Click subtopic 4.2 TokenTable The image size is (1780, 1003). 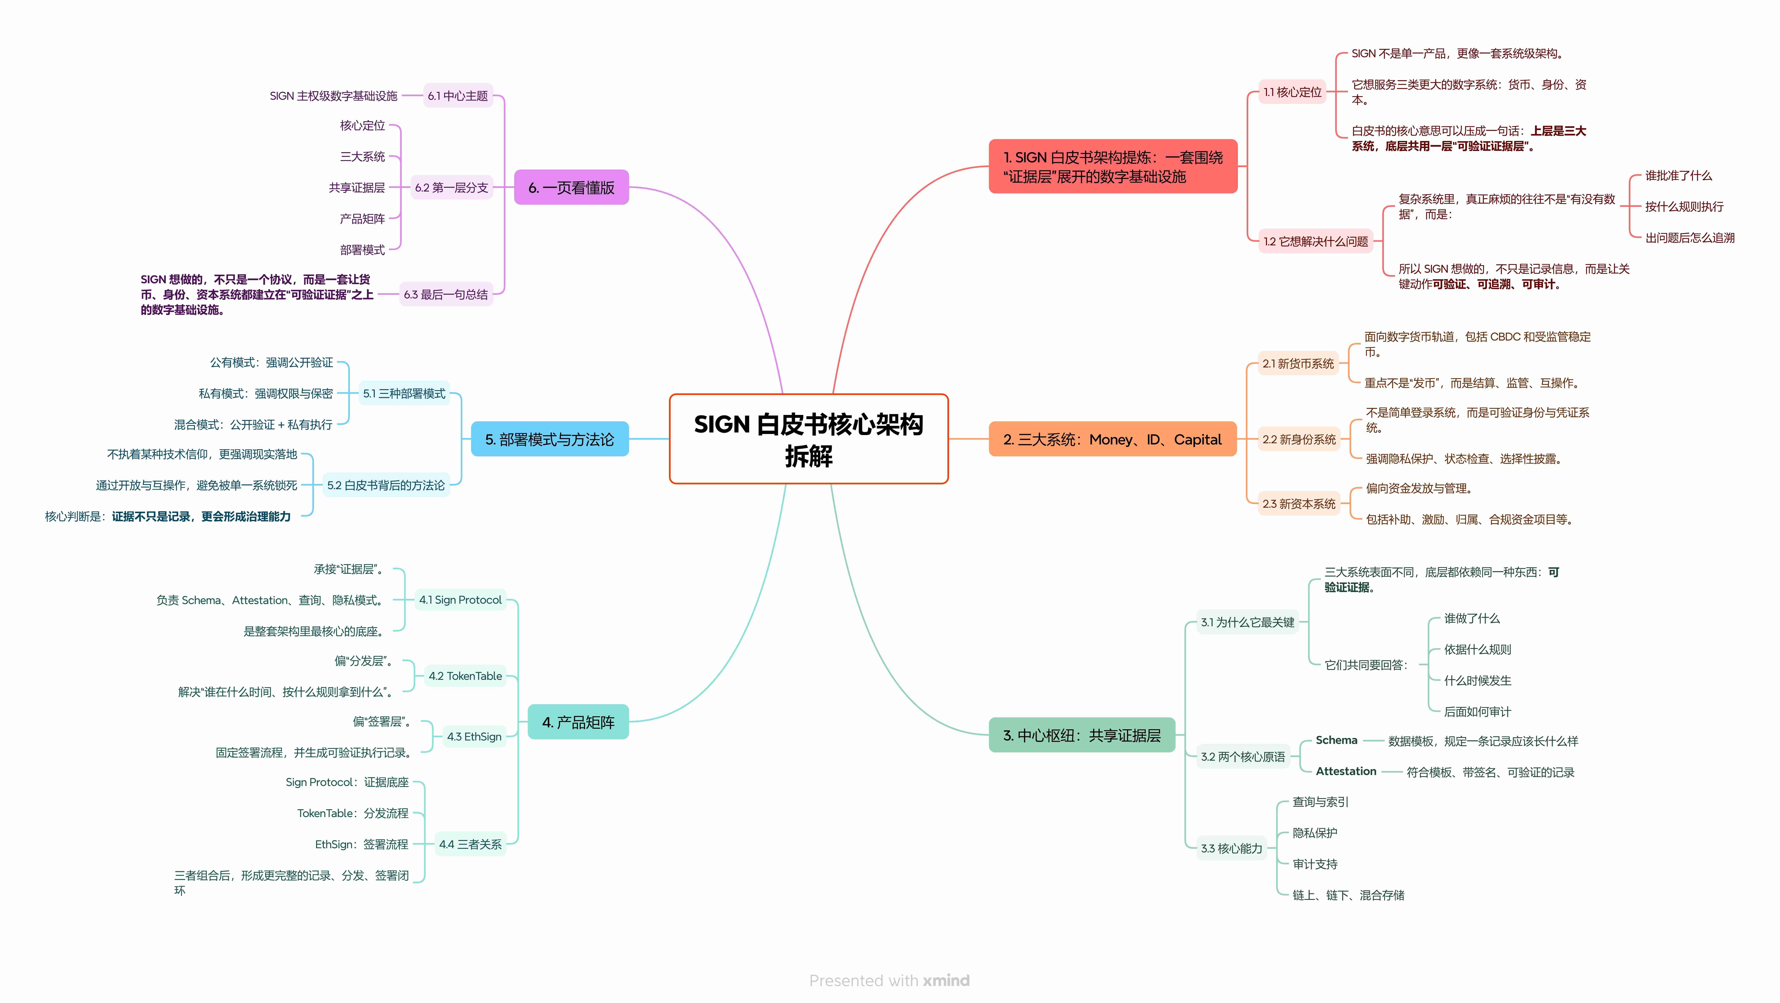[465, 676]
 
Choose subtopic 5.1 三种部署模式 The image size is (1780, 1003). [404, 393]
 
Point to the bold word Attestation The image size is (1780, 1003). [1345, 771]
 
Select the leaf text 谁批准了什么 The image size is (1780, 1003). [1678, 176]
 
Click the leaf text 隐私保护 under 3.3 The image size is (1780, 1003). [1314, 833]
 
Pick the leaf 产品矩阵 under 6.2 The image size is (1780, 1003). [362, 218]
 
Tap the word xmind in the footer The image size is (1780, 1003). [946, 980]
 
